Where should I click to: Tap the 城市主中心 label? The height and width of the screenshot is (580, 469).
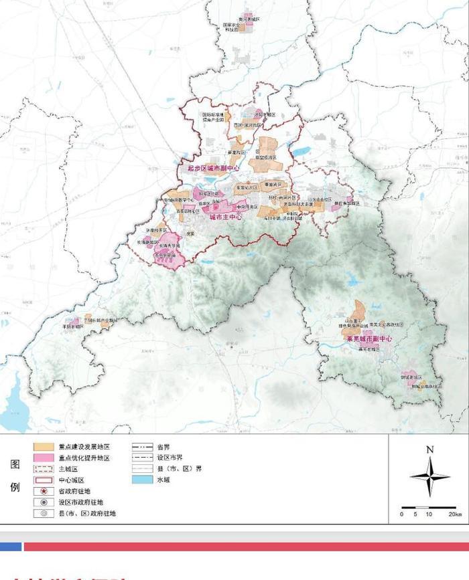[x=225, y=217]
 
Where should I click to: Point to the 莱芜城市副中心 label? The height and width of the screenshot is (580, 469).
[x=368, y=340]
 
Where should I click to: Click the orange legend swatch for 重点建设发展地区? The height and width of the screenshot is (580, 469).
[x=44, y=447]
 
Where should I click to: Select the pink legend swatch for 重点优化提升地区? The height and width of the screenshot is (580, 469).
[x=44, y=458]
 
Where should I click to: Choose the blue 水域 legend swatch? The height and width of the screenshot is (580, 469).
[x=141, y=480]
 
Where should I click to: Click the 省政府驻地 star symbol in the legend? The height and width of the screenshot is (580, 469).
[x=44, y=491]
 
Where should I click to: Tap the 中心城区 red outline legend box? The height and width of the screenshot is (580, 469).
[x=44, y=480]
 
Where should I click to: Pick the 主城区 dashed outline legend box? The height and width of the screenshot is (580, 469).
[x=44, y=469]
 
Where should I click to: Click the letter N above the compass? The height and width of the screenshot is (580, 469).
[x=430, y=450]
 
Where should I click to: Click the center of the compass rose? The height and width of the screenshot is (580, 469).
[x=430, y=476]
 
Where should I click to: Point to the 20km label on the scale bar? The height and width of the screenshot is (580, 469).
[x=455, y=514]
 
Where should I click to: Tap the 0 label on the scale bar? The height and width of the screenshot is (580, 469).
[x=402, y=514]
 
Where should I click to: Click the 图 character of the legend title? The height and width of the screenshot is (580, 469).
[x=15, y=464]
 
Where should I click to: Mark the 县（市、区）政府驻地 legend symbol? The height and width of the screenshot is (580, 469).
[x=44, y=513]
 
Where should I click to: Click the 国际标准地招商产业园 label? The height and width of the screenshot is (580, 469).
[x=214, y=117]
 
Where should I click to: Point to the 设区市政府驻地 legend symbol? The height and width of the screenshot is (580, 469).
[x=44, y=502]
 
